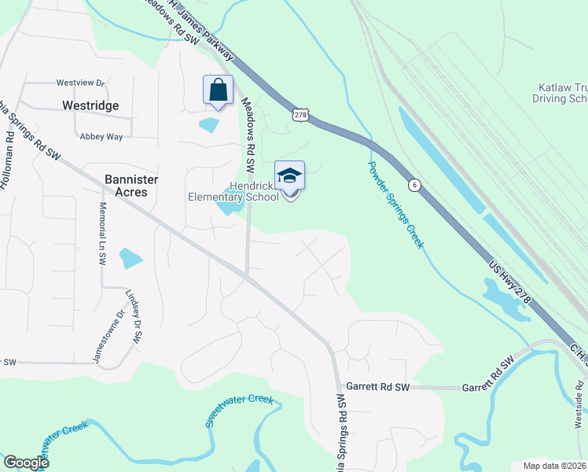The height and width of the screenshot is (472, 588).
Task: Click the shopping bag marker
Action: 219,90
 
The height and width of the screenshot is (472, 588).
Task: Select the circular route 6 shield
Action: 413,183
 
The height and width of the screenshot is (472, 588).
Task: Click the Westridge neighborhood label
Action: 90,105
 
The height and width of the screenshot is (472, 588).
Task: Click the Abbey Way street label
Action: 101,136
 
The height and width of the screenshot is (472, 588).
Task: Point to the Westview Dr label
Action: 79,83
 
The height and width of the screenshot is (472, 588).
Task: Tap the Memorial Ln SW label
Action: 101,232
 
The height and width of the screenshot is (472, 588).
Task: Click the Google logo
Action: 26,463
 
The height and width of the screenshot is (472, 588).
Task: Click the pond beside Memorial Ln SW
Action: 130,258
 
